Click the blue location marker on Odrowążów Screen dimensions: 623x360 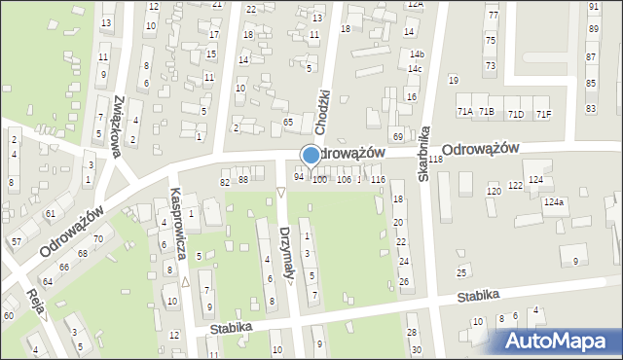tap(311, 155)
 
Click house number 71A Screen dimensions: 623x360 tap(465, 113)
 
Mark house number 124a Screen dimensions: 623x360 tap(554, 201)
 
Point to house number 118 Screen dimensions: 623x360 tap(435, 159)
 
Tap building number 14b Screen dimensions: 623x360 tap(417, 54)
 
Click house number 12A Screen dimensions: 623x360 tap(416, 4)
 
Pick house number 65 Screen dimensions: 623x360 tap(288, 122)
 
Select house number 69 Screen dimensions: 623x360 tap(397, 135)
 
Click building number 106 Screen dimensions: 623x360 tap(344, 180)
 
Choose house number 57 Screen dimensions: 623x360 tap(17, 239)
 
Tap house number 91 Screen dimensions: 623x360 tap(594, 6)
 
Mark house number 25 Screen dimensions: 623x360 tap(461, 271)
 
